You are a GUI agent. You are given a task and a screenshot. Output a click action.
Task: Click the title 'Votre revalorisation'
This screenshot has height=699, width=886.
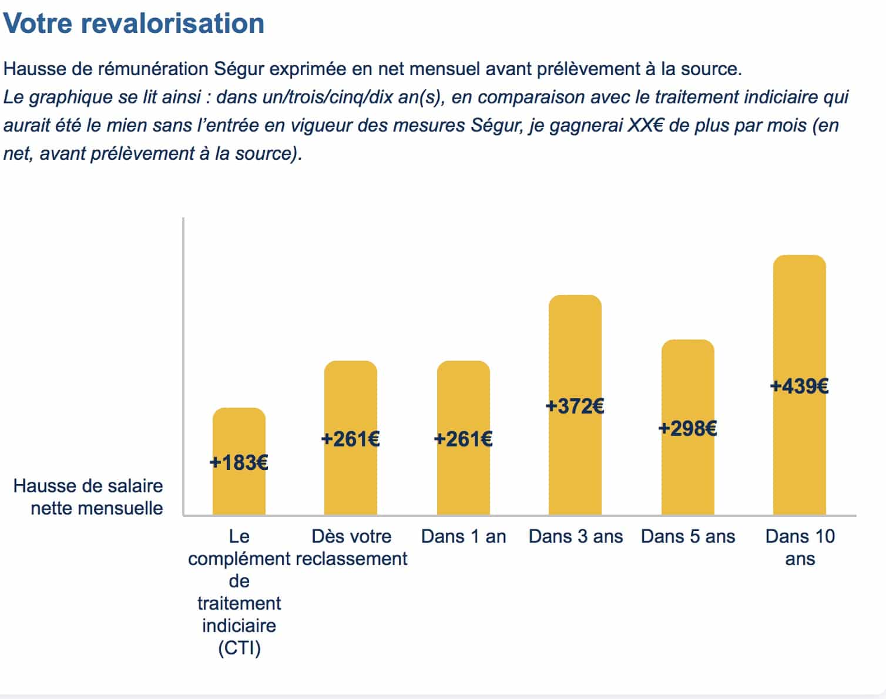(x=134, y=23)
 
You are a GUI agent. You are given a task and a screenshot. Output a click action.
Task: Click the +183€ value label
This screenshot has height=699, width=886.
(x=239, y=463)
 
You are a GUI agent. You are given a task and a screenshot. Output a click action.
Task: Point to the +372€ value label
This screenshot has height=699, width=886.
(x=575, y=406)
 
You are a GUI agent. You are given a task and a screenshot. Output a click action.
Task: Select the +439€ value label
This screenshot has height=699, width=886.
(x=800, y=386)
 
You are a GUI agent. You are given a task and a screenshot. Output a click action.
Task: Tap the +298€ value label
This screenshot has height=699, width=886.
(x=688, y=428)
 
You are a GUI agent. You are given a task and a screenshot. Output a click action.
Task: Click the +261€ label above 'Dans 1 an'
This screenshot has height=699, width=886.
(x=464, y=439)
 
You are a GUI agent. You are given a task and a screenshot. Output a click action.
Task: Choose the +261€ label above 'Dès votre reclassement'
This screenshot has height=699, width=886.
(x=351, y=439)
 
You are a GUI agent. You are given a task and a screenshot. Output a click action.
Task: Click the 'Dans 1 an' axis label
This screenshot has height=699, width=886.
(x=464, y=536)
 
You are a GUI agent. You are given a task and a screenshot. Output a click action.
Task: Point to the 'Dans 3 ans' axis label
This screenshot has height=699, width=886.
(x=576, y=536)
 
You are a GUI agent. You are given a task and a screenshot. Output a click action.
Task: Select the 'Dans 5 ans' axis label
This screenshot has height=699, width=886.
(x=688, y=536)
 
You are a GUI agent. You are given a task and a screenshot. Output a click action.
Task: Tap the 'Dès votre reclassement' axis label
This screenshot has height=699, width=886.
(x=351, y=547)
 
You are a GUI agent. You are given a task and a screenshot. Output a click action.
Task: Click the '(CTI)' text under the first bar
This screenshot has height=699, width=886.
(x=239, y=648)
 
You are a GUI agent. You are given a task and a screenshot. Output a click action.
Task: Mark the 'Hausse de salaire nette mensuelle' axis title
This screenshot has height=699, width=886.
(x=88, y=497)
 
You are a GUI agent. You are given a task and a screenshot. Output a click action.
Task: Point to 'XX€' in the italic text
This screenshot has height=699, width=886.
(x=646, y=125)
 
